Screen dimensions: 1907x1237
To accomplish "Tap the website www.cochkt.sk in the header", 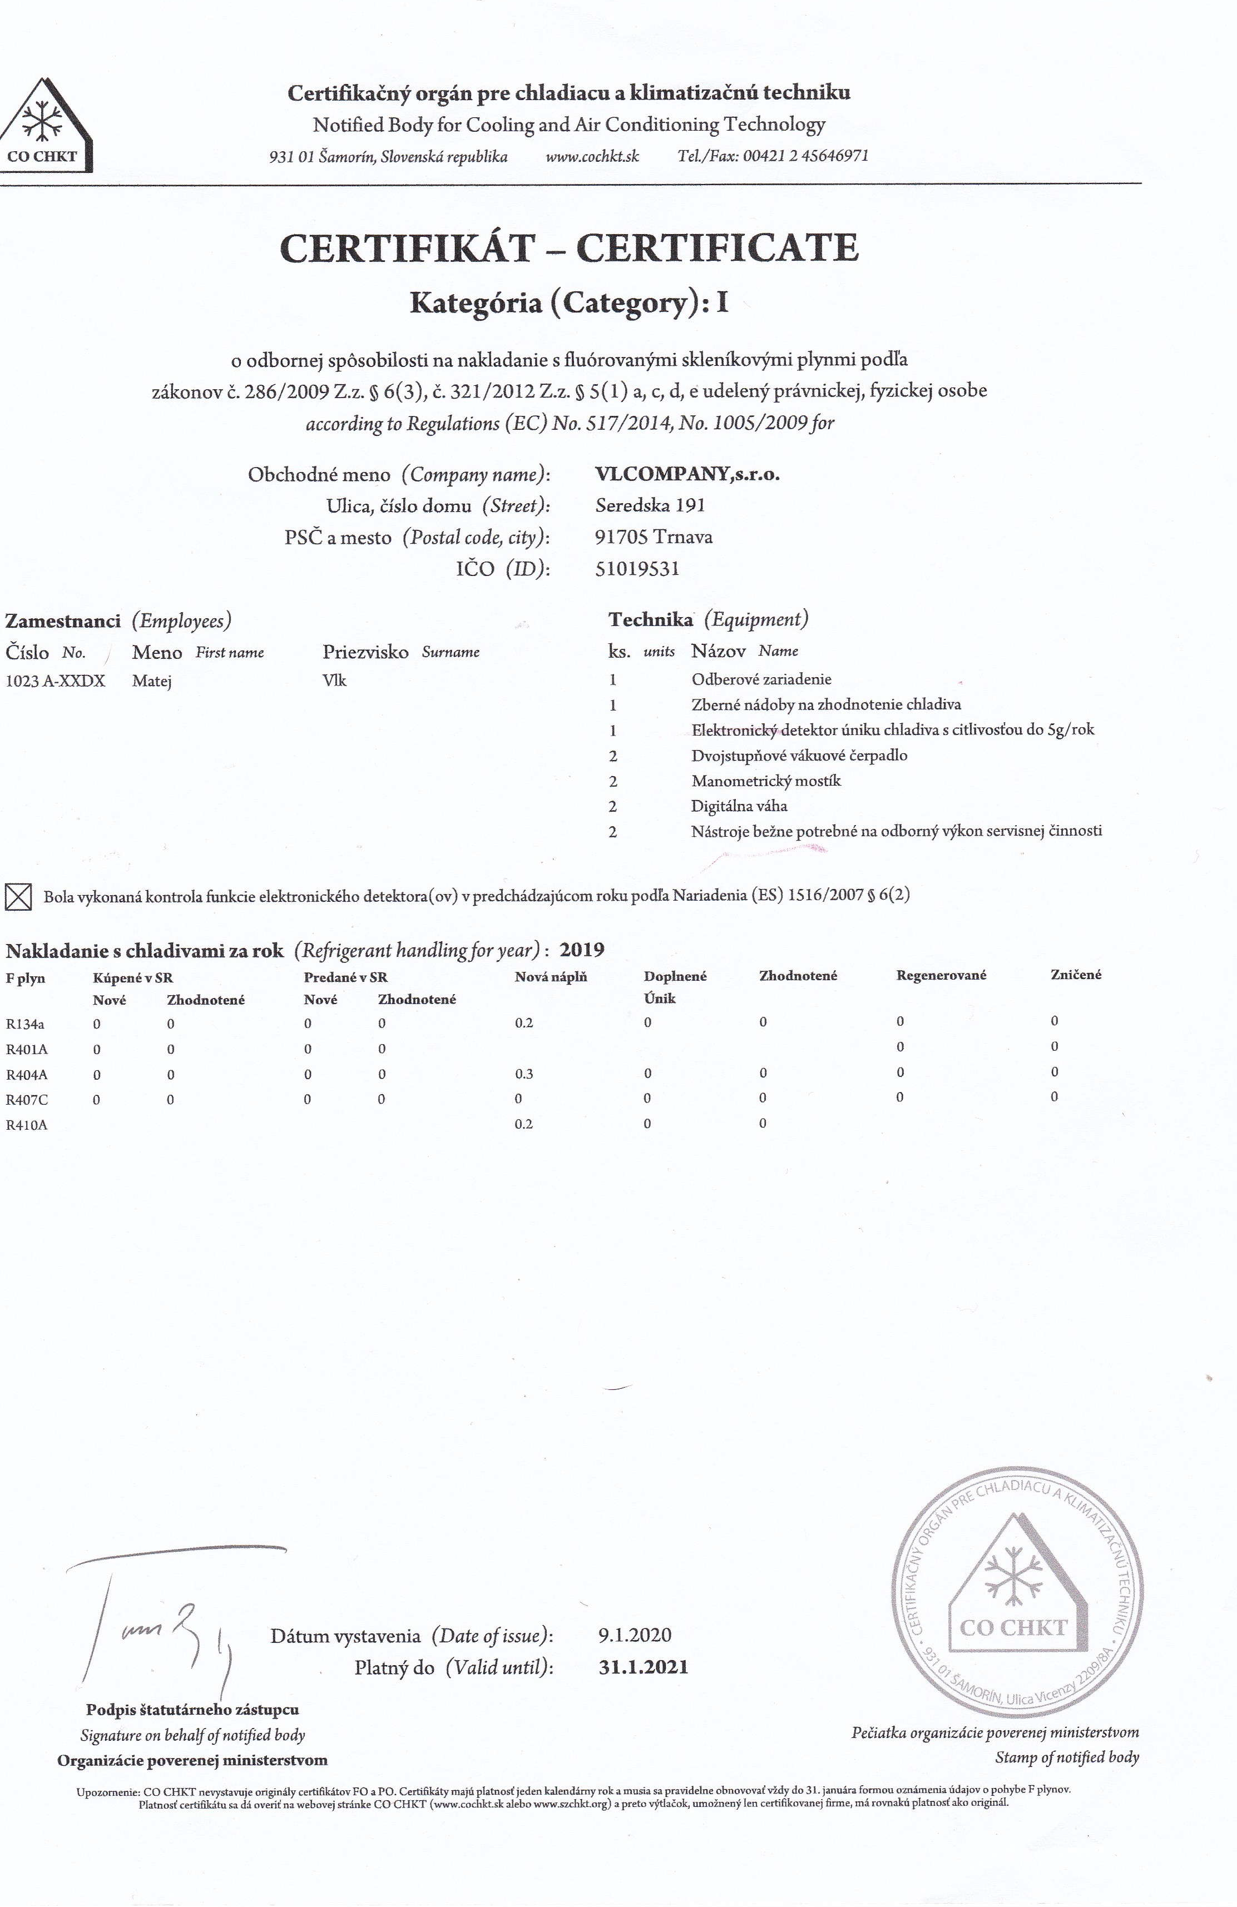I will point(592,156).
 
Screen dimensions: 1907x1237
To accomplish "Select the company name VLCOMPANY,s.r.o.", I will point(687,474).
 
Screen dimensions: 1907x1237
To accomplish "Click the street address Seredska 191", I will point(650,505).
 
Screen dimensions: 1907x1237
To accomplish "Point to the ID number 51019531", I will point(637,569).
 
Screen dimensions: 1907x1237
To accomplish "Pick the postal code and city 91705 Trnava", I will point(654,537).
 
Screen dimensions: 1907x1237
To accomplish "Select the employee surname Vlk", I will point(334,681).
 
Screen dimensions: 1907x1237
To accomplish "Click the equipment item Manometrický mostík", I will point(765,781).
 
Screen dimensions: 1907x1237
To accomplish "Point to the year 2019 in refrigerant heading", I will point(581,950).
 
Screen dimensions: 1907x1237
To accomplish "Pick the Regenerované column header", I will point(941,975).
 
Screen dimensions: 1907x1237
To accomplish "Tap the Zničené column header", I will point(1076,974).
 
